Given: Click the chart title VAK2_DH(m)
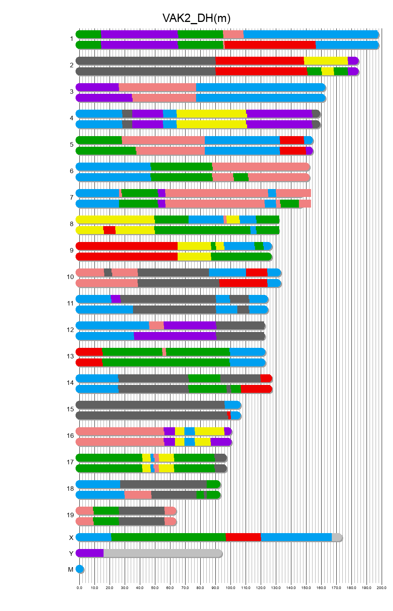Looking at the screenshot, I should click(x=196, y=18).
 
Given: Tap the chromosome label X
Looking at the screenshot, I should click(x=71, y=538).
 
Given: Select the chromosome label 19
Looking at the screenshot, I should click(x=70, y=515).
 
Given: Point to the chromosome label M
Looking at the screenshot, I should click(x=71, y=569).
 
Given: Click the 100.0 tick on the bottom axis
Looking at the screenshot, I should click(x=231, y=588).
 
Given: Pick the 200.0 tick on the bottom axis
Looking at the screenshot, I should click(x=382, y=588).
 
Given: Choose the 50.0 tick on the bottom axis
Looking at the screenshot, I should click(x=155, y=588).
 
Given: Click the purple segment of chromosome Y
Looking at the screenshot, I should click(x=90, y=553).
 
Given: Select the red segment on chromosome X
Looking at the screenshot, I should click(x=243, y=537).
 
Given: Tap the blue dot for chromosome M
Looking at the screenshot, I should click(x=79, y=569).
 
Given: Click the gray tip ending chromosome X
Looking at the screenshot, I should click(x=336, y=537).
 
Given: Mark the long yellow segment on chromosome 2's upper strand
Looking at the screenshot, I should click(x=326, y=61).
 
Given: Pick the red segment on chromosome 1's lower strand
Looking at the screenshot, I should click(x=270, y=45).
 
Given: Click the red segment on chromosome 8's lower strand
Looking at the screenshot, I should click(x=110, y=230).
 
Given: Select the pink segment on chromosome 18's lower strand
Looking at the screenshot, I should click(x=138, y=495).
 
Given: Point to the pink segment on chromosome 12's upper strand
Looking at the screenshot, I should click(x=156, y=326).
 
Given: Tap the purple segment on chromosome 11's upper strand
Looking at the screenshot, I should click(x=116, y=299).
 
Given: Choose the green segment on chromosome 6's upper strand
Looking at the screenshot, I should click(x=181, y=167).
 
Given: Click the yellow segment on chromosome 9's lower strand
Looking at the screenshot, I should click(x=194, y=257).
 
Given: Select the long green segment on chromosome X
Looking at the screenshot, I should click(x=168, y=537).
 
